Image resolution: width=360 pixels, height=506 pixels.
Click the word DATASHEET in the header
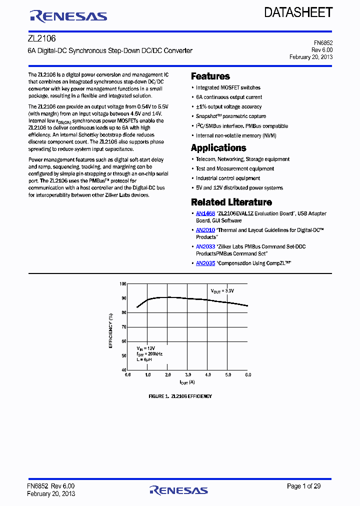(x=298, y=12)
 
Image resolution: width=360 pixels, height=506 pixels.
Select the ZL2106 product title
(x=41, y=38)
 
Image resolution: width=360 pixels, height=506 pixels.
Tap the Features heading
(x=210, y=76)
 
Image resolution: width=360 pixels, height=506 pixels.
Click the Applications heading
(x=218, y=148)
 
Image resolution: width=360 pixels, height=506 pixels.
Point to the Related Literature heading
(x=231, y=202)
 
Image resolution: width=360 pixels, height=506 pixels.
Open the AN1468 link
(x=205, y=213)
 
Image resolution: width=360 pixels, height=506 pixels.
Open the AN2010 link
(x=205, y=230)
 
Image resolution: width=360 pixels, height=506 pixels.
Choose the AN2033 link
(x=205, y=246)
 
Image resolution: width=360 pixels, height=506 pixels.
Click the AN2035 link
(x=205, y=263)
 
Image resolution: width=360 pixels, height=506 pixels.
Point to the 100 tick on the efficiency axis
(x=123, y=284)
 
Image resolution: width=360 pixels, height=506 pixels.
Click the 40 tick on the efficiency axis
(x=123, y=369)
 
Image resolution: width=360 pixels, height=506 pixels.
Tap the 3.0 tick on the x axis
(x=187, y=374)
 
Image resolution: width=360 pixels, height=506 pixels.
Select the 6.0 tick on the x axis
(x=247, y=374)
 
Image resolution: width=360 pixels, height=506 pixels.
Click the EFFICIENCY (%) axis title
(x=111, y=330)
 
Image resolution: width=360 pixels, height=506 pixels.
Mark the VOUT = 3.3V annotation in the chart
(x=222, y=290)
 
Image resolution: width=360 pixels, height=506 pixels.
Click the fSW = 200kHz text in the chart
(x=149, y=353)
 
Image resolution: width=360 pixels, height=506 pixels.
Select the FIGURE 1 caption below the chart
(x=180, y=396)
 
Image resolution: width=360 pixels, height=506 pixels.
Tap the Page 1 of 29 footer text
(x=303, y=486)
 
